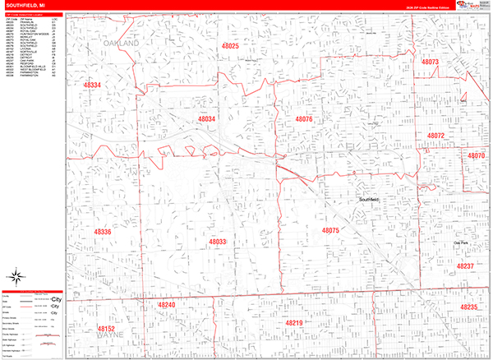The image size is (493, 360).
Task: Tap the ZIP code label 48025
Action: [230, 47]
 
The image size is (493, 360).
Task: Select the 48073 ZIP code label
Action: [431, 62]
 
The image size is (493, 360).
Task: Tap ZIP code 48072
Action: [435, 136]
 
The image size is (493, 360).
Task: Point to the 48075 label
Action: [330, 231]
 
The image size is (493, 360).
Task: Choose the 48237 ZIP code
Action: [465, 267]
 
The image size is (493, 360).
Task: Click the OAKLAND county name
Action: [122, 40]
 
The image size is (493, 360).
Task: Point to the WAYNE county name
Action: [108, 336]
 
